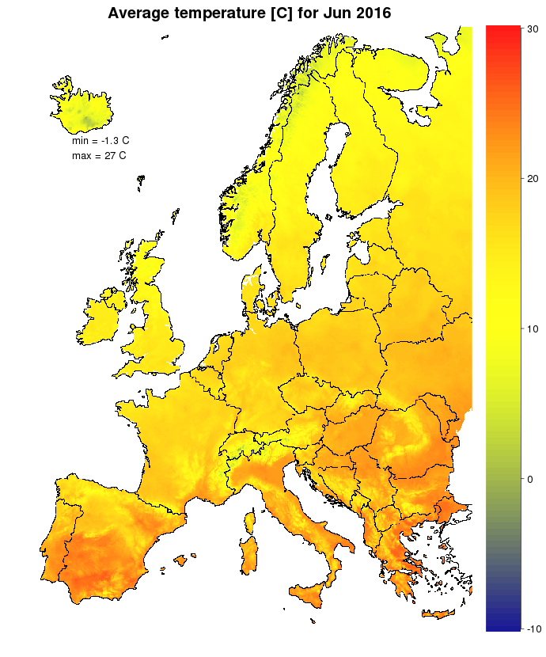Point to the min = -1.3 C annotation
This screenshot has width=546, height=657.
[x=100, y=140]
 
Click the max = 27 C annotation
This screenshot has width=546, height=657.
[x=98, y=156]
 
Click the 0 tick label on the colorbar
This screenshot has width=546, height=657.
[x=529, y=479]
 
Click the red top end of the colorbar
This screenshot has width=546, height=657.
[x=501, y=32]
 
